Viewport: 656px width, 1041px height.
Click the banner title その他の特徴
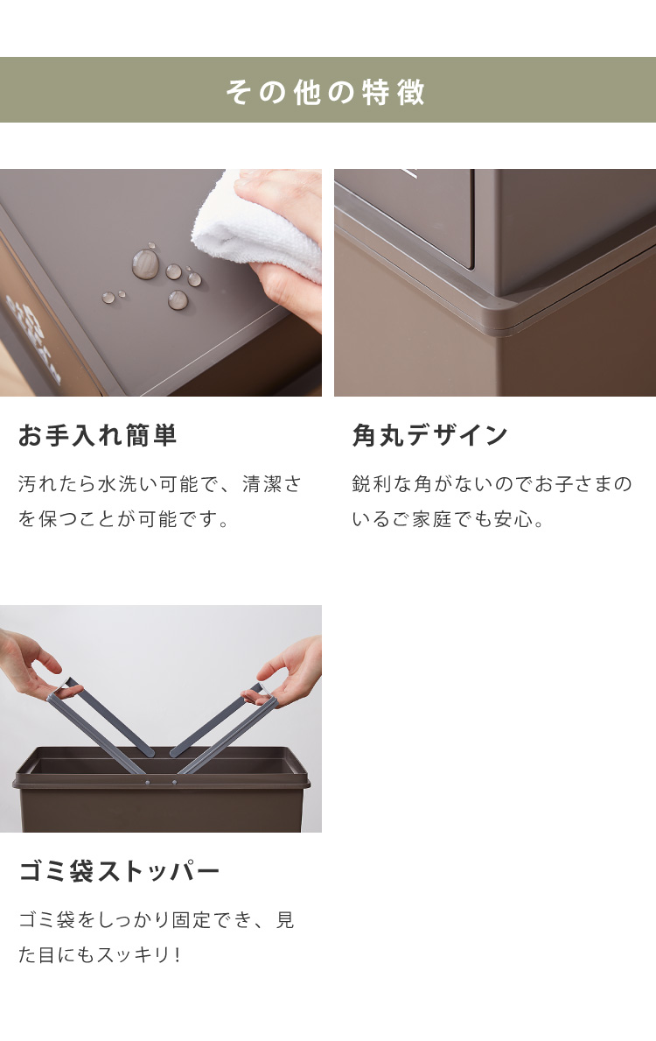pos(325,91)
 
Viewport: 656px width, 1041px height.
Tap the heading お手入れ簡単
pos(97,435)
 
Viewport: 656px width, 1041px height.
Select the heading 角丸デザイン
pos(429,435)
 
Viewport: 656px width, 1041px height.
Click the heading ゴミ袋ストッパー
pos(120,871)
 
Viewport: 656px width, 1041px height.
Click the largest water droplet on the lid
pos(145,264)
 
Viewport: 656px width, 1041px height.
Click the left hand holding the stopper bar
pos(30,664)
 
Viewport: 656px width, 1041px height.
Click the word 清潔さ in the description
pos(272,484)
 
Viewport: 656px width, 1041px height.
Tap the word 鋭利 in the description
pos(372,484)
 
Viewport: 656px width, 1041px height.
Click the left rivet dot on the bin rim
pos(147,783)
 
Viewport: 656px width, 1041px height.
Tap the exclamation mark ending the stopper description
pos(177,955)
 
